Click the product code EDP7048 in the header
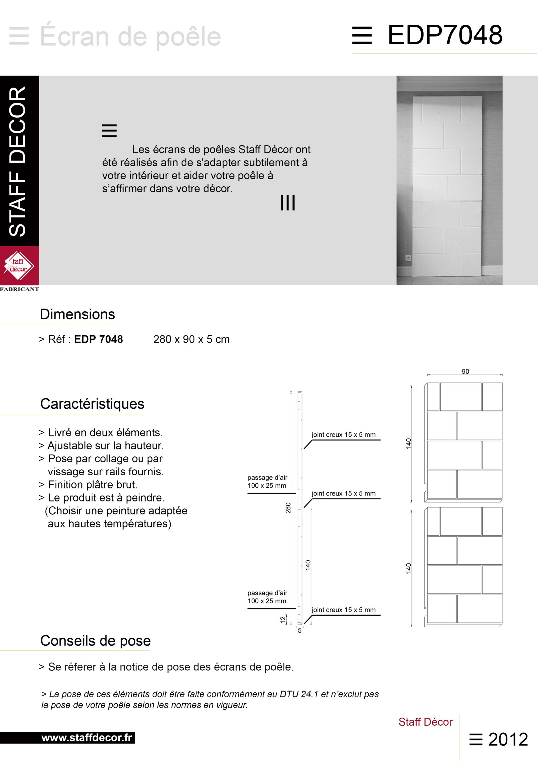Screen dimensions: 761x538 tap(445, 35)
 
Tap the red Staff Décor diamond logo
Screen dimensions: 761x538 tap(19, 266)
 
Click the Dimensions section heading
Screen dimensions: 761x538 tap(77, 314)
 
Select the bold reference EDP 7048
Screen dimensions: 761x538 tap(98, 339)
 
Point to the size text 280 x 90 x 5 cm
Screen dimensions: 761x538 tap(191, 339)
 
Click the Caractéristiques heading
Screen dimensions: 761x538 tap(92, 404)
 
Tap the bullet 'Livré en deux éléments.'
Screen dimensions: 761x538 tap(105, 433)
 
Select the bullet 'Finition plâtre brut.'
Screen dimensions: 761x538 tap(92, 485)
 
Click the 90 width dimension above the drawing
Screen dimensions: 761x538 tap(465, 372)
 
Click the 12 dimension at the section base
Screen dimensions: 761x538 tap(283, 620)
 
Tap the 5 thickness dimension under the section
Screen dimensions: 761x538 tap(300, 631)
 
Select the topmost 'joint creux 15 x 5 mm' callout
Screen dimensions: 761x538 tap(343, 435)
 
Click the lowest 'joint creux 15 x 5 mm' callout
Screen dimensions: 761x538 tap(343, 610)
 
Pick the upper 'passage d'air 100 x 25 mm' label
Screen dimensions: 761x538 tap(267, 482)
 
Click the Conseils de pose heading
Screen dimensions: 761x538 tap(95, 641)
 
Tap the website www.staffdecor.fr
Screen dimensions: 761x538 tap(87, 738)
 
